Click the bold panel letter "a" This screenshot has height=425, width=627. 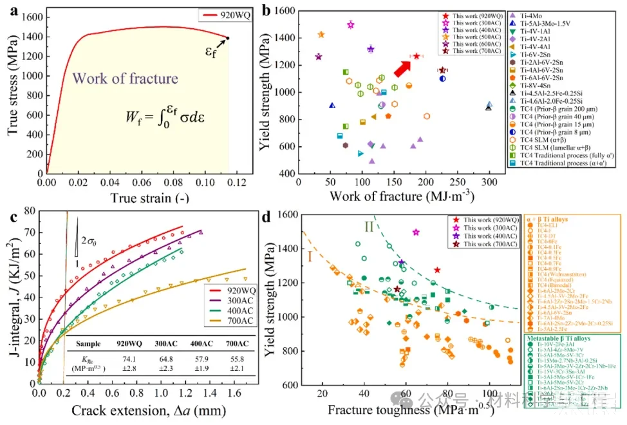click(x=11, y=9)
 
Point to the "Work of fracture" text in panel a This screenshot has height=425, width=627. click(x=125, y=79)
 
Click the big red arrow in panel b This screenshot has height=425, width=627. click(x=402, y=66)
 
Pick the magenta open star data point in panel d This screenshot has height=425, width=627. click(x=416, y=232)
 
